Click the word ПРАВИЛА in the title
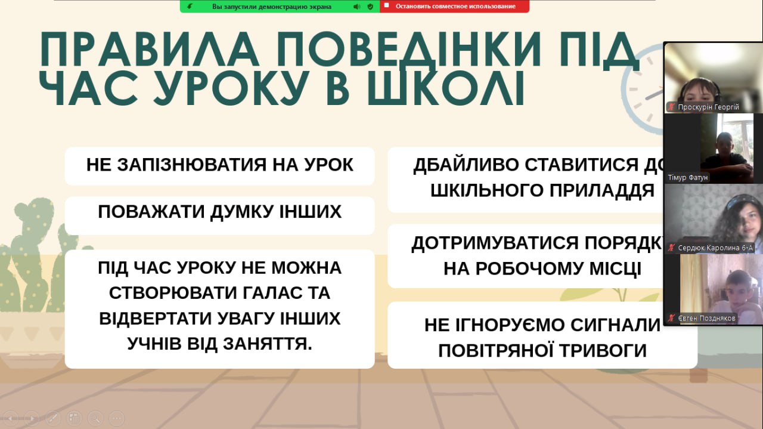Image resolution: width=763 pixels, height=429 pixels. pos(150,49)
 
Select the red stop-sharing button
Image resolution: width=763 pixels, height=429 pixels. pos(455,6)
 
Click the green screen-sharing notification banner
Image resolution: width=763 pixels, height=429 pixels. pos(280,6)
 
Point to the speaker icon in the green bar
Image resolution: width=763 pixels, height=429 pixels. pos(356,7)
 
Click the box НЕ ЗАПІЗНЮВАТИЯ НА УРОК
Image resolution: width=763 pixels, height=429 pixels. pos(220,166)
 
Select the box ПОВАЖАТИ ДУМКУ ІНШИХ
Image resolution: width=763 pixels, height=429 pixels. pos(220,215)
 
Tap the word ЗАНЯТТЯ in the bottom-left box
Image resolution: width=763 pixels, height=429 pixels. pos(268,344)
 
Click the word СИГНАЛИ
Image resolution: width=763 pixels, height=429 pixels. pos(616,325)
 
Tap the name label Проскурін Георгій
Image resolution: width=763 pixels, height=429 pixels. pos(708,107)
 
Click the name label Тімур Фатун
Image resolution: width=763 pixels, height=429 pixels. pos(687,178)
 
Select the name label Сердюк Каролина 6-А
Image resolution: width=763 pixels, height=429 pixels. pos(715,248)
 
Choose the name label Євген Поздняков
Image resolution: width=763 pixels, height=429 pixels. pos(706,319)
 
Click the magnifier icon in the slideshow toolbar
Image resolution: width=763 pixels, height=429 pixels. pos(95,418)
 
